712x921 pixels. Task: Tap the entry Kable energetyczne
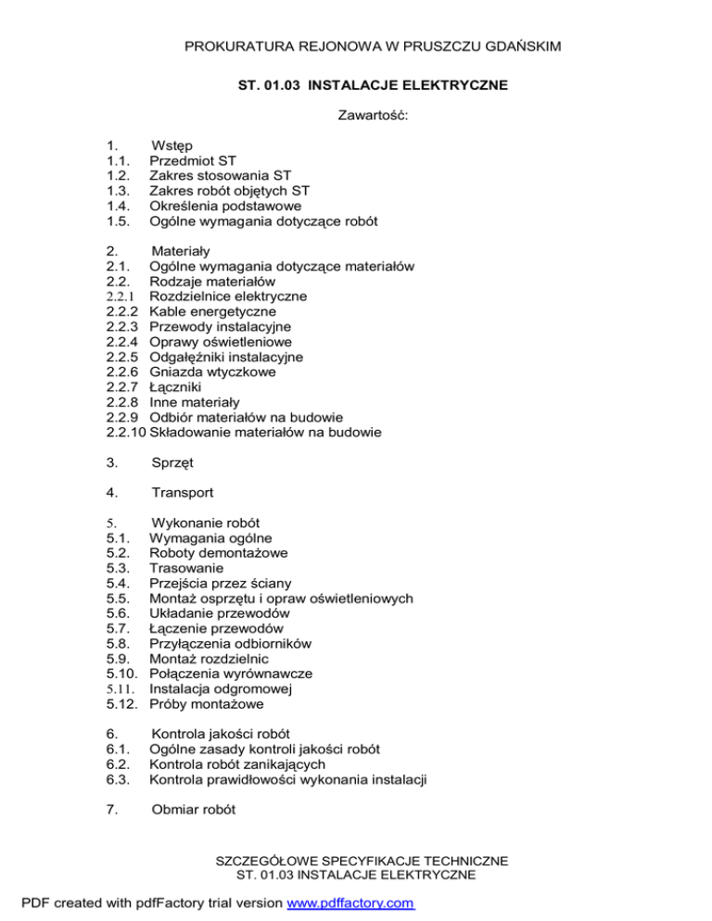pos(210,311)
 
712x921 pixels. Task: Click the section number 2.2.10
pos(127,432)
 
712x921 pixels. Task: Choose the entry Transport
pos(183,493)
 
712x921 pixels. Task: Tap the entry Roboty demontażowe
pos(218,553)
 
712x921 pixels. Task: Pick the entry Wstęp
pos(172,145)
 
